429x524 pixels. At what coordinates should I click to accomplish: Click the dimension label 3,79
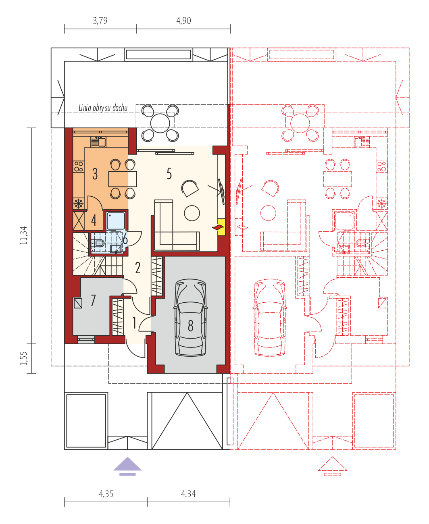tap(100, 21)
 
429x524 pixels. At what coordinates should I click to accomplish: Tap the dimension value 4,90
tap(184, 21)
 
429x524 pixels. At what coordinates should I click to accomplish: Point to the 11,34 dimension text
tap(24, 235)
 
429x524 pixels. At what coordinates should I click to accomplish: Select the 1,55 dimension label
tap(24, 358)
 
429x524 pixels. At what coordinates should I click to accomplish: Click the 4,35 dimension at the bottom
tap(106, 494)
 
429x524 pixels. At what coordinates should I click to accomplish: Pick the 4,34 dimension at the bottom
tap(188, 494)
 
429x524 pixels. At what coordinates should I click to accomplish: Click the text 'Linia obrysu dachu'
tap(103, 108)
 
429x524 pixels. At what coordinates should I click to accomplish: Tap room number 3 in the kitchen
tap(95, 174)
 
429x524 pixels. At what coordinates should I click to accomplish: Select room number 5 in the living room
tap(169, 173)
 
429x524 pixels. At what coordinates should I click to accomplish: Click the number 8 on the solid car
tap(191, 326)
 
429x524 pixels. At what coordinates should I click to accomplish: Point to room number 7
tap(93, 300)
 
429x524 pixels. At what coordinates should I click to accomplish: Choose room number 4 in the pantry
tap(94, 220)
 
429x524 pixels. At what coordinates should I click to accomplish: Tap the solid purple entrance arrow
tap(127, 466)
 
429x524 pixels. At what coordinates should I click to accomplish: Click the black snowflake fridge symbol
tap(79, 204)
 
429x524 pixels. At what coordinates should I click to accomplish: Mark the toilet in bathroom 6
tap(98, 243)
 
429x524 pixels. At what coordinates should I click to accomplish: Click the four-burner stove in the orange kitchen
tap(79, 166)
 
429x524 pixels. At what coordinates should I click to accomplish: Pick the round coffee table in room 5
tap(192, 213)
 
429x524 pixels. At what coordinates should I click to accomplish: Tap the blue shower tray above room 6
tap(116, 220)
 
